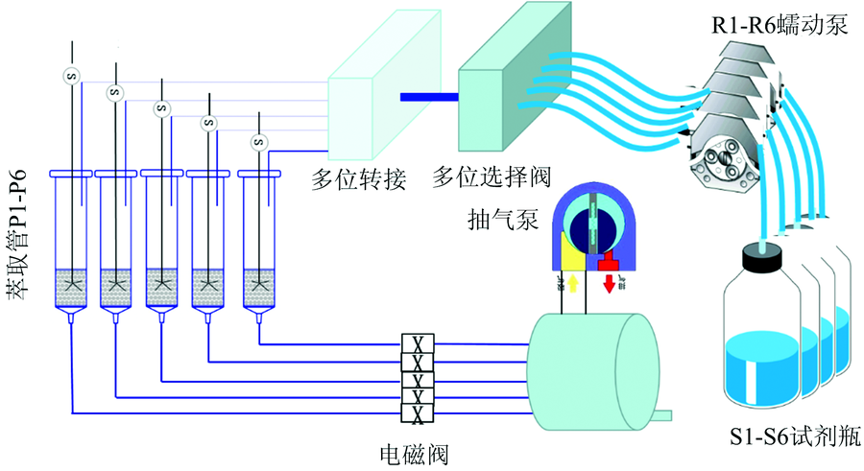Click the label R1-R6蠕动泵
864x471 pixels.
[x=779, y=24]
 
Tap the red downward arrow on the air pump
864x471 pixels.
[x=611, y=284]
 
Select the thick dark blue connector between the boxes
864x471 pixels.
[x=428, y=96]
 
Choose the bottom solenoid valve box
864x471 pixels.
[x=418, y=413]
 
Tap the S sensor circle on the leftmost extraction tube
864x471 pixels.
[x=69, y=75]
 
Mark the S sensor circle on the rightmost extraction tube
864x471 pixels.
[x=257, y=143]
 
